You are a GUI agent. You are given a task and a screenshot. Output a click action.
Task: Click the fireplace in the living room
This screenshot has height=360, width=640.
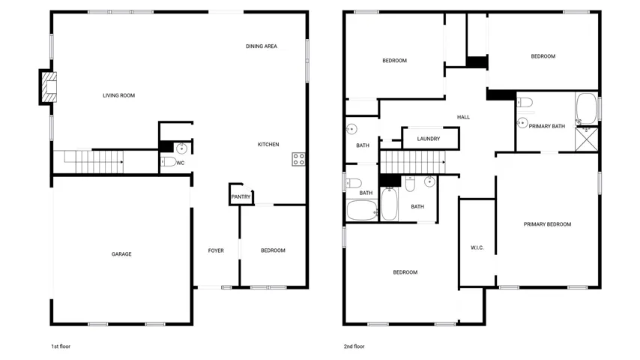point(49,87)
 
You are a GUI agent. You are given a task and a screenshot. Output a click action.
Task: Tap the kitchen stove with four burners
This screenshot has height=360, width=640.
point(298,159)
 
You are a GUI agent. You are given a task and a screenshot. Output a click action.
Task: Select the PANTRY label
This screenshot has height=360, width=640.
point(241,197)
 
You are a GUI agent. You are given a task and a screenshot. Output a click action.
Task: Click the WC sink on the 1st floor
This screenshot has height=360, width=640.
point(181,148)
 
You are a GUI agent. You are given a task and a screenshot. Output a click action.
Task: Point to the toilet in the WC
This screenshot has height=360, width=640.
point(168,162)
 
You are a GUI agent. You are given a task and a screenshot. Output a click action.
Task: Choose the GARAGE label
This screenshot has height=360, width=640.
point(121,254)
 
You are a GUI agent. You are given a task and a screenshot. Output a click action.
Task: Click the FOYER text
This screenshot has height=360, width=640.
point(216,250)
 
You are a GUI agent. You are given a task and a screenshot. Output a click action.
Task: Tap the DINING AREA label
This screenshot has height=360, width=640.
point(262,46)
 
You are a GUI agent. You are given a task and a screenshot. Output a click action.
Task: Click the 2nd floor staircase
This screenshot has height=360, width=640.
point(413,162)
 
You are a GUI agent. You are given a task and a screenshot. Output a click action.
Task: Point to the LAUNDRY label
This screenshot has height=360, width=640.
point(429,139)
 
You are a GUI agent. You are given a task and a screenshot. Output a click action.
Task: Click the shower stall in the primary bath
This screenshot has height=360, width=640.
point(587,139)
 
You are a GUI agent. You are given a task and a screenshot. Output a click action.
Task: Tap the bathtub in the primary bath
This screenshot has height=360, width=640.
point(587,108)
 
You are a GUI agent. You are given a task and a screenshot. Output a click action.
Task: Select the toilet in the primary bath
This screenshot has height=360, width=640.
point(525,102)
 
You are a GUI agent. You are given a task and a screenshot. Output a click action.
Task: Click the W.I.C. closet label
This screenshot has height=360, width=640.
point(477,247)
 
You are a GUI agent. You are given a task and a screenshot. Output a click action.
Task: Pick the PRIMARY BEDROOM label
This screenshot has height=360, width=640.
point(547,224)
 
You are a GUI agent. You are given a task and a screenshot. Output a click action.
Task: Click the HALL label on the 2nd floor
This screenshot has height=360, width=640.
point(463,117)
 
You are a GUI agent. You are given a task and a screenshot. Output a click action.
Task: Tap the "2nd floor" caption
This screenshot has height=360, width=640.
point(354,346)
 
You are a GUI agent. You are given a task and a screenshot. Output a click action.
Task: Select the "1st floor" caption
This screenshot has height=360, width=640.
point(61,346)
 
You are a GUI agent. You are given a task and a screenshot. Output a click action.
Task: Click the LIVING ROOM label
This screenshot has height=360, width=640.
point(118,95)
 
